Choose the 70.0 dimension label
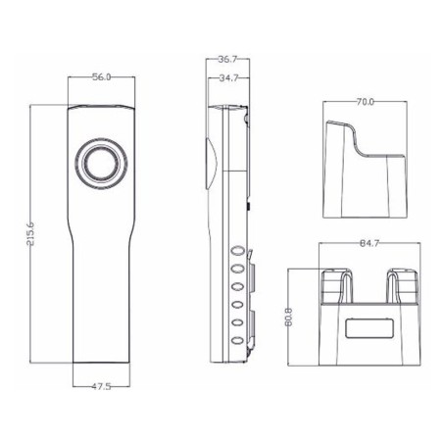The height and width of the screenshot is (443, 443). [x=365, y=101]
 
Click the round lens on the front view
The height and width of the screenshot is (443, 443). [x=101, y=164]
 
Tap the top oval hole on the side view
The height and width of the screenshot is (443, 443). [x=237, y=250]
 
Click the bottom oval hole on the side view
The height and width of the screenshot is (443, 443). [x=237, y=338]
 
